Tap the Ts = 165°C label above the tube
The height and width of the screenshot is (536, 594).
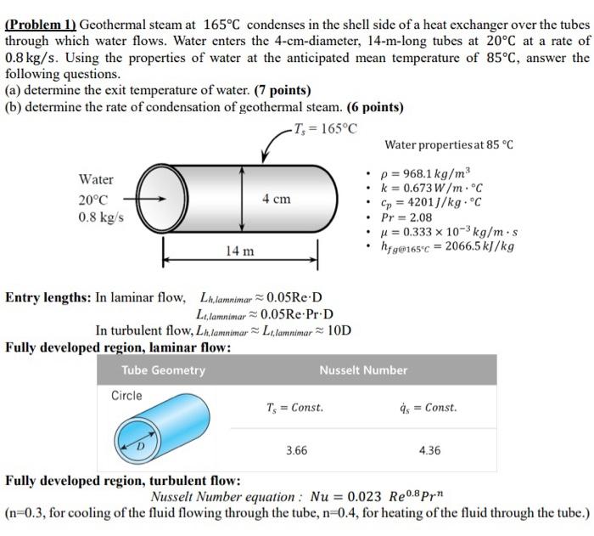coord(325,129)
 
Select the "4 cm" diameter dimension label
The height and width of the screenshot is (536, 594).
coord(276,200)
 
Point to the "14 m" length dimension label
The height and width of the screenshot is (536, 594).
coord(240,251)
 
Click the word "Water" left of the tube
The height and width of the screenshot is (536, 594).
coord(96,179)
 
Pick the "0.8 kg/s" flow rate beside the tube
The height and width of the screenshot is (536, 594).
coord(101,217)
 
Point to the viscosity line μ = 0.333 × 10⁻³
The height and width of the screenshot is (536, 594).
coord(454,232)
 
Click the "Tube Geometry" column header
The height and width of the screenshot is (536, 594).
coord(164,370)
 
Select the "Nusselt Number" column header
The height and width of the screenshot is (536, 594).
coord(363,370)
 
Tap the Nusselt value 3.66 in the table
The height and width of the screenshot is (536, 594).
coord(296,450)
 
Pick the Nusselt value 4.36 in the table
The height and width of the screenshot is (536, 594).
coord(429,450)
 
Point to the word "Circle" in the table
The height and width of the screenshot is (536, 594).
coord(127,396)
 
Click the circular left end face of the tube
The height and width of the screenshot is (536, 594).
coord(161,199)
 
